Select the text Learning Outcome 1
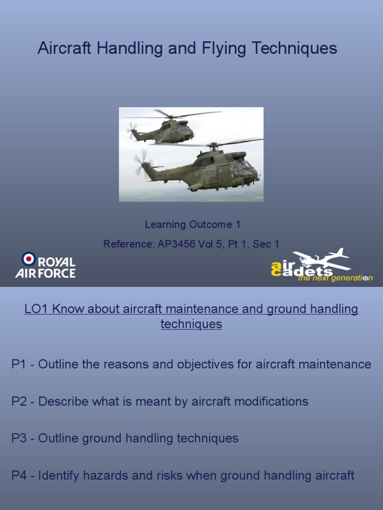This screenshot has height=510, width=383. (192, 225)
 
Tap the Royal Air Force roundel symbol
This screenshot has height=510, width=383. (28, 258)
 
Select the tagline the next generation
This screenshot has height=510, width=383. (335, 278)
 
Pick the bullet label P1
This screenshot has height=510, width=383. (18, 365)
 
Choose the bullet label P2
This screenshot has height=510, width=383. (18, 401)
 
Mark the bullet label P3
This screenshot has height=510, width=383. (18, 438)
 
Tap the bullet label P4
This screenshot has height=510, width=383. (18, 475)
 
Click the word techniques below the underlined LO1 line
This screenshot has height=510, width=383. (191, 324)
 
